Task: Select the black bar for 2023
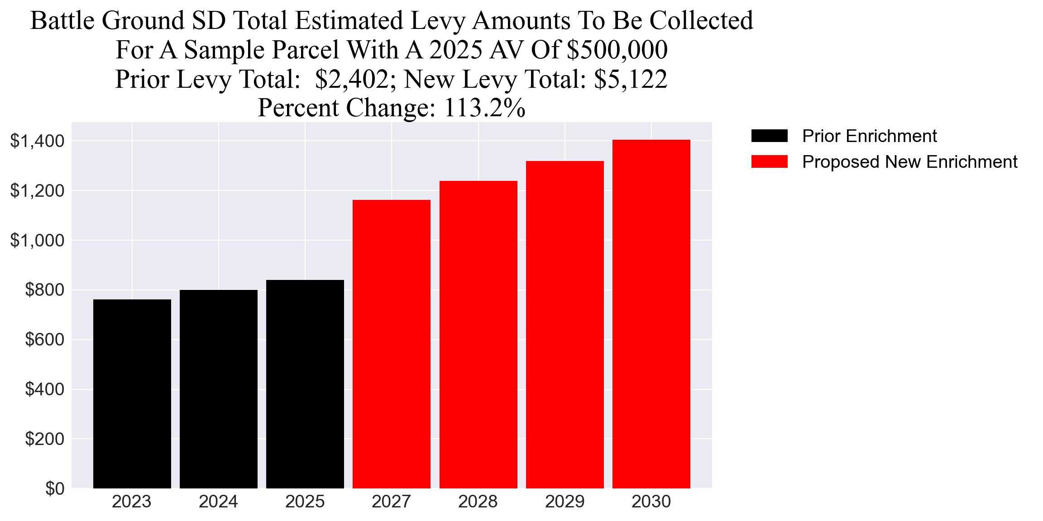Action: (x=132, y=393)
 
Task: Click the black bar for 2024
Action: (x=218, y=389)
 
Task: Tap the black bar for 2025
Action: (x=305, y=384)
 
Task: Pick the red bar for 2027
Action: (x=391, y=344)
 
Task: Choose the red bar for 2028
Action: (x=478, y=335)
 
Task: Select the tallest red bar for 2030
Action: (x=651, y=314)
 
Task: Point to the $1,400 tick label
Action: (x=37, y=141)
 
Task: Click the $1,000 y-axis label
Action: (x=37, y=240)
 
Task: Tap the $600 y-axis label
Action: (x=44, y=339)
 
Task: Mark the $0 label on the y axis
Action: (x=55, y=488)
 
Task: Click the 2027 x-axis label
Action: (x=391, y=502)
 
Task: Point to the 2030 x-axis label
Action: (x=651, y=502)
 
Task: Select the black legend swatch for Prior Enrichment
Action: (x=769, y=136)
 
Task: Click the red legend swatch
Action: (x=769, y=161)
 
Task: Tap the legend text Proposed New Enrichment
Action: (x=909, y=161)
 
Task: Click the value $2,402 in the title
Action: (x=352, y=79)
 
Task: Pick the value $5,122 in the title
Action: (x=631, y=79)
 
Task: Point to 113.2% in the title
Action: (x=484, y=108)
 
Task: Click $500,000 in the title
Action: (x=617, y=50)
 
